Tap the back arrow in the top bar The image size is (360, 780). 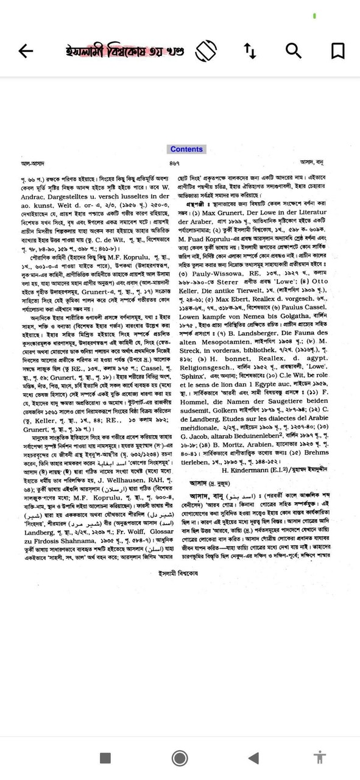coord(26,51)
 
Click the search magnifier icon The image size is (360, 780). coord(294,51)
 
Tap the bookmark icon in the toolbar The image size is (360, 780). coord(338,51)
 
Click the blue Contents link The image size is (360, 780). coord(186,149)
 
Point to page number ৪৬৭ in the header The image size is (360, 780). coord(174,163)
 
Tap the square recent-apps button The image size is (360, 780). coord(105,757)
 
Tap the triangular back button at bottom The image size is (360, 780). coord(253,757)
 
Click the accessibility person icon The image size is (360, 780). coord(319,757)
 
